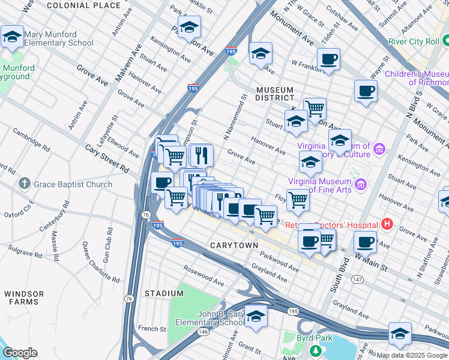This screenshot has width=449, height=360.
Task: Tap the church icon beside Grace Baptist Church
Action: point(24,184)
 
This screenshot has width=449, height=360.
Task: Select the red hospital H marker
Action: point(387,225)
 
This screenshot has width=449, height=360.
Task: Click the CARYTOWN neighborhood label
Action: point(234,246)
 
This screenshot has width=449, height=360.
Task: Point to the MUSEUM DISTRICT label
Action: point(275,93)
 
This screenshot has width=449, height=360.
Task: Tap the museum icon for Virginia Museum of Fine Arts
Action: point(360,184)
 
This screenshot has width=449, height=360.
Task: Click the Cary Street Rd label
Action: point(107,159)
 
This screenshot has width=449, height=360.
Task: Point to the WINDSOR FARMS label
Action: point(24,298)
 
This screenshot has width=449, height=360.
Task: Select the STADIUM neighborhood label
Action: point(164,293)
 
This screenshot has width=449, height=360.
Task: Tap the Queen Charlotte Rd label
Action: point(92,262)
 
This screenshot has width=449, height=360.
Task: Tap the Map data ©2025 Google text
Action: point(412,355)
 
